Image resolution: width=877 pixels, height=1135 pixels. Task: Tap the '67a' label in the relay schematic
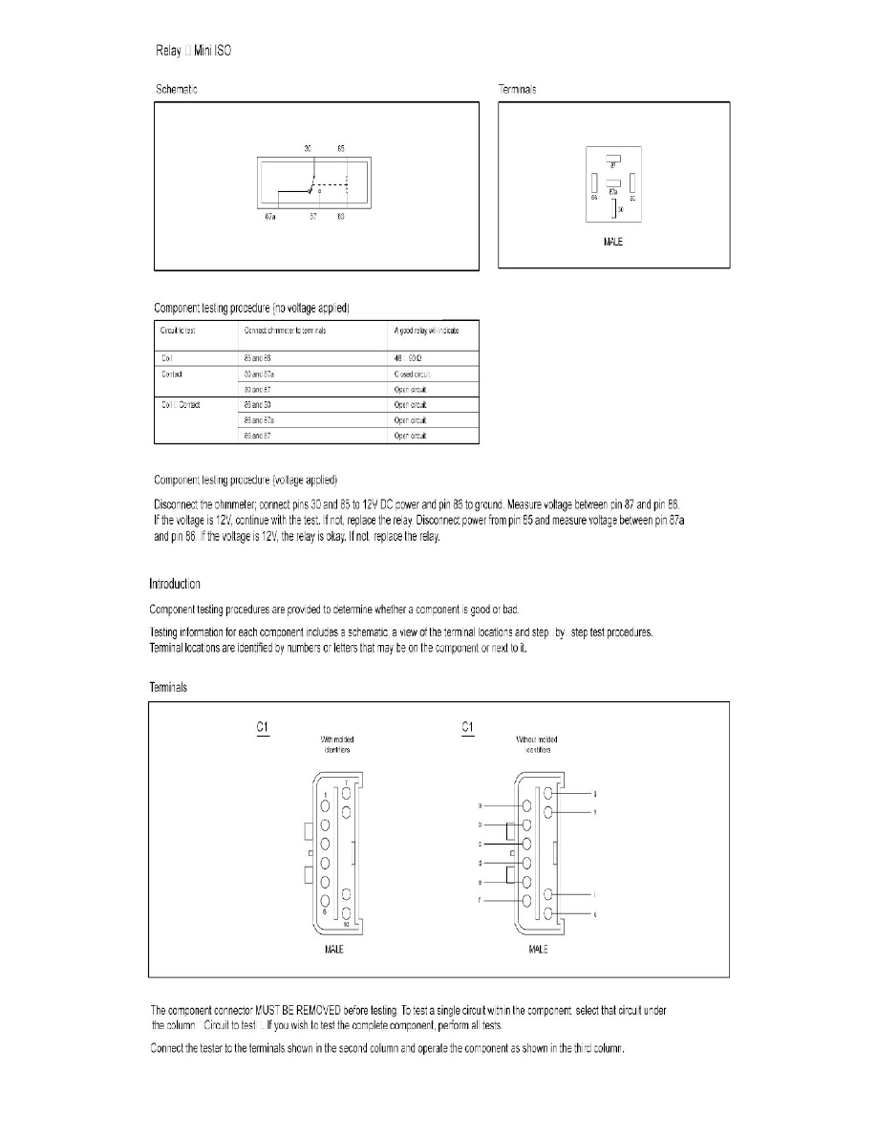270,217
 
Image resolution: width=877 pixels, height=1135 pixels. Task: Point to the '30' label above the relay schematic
308,149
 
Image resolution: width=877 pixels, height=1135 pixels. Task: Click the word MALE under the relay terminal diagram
613,243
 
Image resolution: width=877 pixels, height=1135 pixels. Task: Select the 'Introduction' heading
175,584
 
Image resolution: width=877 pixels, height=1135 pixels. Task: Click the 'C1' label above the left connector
263,728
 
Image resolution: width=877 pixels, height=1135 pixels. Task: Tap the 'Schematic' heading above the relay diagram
178,89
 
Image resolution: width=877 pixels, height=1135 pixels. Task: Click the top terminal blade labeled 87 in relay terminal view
612,158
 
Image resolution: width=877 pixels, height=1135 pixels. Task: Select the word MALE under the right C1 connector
538,952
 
